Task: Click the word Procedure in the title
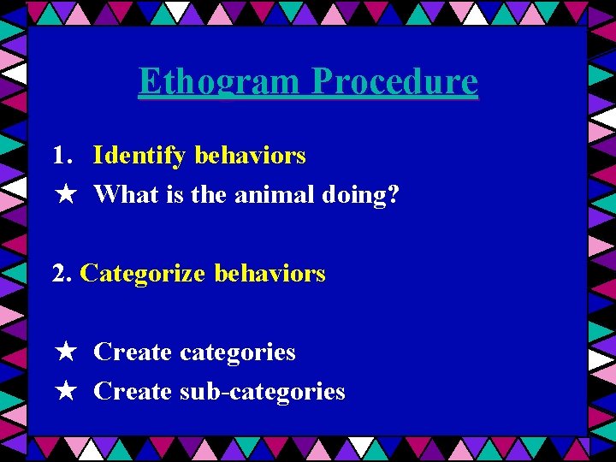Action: click(394, 82)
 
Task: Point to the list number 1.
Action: click(61, 156)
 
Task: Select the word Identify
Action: click(139, 156)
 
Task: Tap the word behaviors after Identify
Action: click(250, 156)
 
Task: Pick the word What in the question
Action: click(121, 195)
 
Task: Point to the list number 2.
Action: click(61, 274)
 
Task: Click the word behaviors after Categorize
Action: click(269, 274)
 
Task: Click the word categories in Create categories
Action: click(237, 352)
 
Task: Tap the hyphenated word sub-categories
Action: click(262, 392)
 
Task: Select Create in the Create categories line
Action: click(133, 352)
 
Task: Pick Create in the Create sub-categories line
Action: click(133, 392)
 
